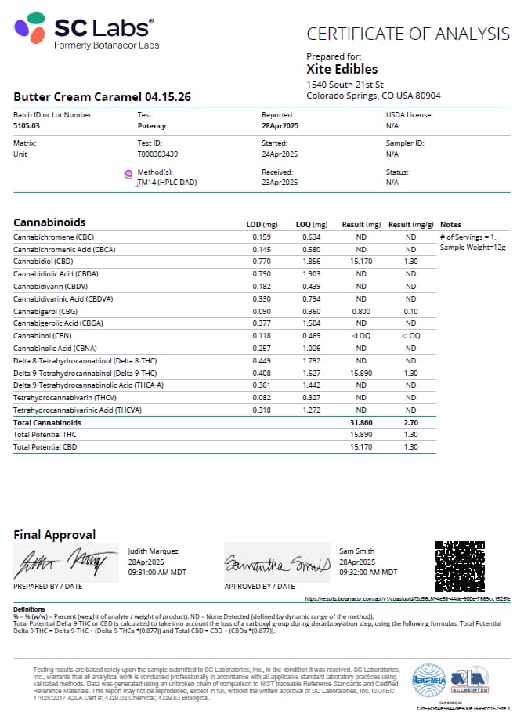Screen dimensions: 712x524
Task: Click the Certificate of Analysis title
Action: click(x=407, y=34)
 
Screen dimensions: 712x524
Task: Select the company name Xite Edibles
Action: click(x=342, y=69)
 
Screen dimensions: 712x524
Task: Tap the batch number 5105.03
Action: click(x=26, y=125)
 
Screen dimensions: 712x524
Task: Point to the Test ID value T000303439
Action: click(x=157, y=154)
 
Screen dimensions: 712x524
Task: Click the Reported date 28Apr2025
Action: click(x=280, y=125)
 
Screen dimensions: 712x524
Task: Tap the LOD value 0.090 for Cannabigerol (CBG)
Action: click(x=261, y=310)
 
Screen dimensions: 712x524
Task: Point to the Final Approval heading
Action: click(x=55, y=535)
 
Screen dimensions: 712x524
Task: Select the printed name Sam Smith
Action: click(x=356, y=551)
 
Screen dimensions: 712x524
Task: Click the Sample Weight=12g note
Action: click(x=472, y=248)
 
